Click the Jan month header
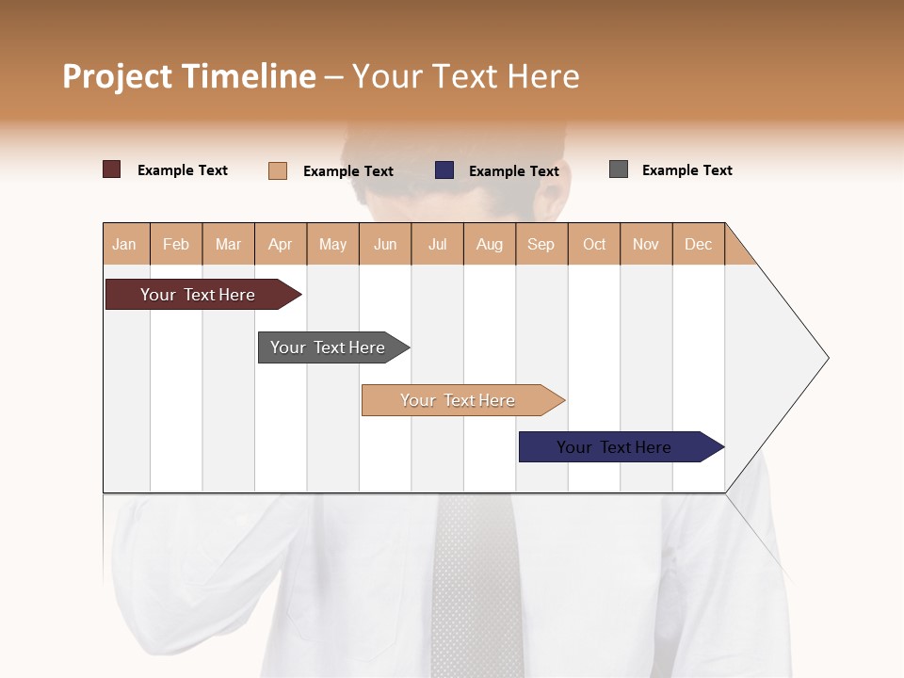[x=125, y=244]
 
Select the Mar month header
[x=228, y=244]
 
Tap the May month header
[x=332, y=244]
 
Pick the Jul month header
[x=437, y=244]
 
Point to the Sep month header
[x=541, y=244]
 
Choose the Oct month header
[x=594, y=244]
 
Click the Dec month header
[x=698, y=244]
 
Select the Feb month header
[x=176, y=244]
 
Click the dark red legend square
[x=112, y=169]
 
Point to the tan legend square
[x=278, y=170]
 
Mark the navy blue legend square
[x=444, y=170]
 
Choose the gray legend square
[x=619, y=169]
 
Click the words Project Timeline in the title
[x=189, y=76]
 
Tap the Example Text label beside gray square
[x=686, y=170]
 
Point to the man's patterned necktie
[x=476, y=584]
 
